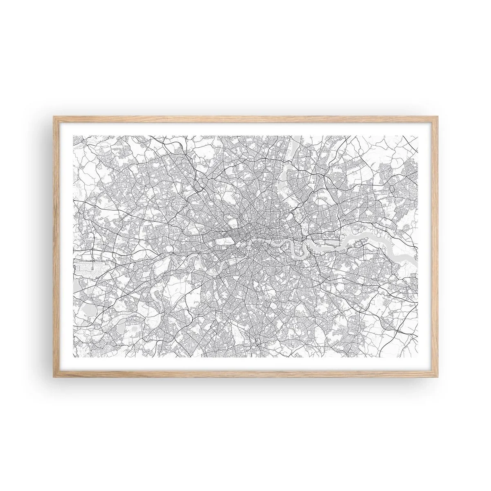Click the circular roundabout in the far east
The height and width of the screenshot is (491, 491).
[x=392, y=189]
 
